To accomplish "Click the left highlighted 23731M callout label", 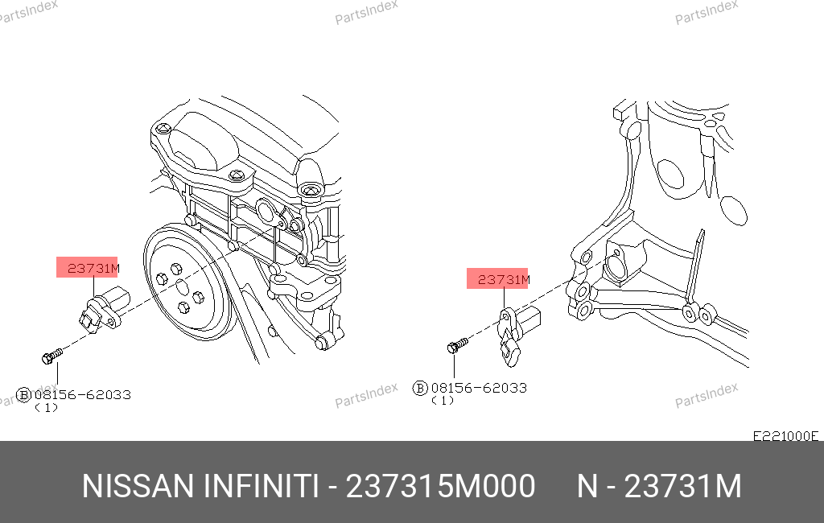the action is (x=87, y=268).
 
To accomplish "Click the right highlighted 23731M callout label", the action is (x=497, y=278).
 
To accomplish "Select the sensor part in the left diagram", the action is (x=104, y=309).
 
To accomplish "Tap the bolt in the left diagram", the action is (x=51, y=356).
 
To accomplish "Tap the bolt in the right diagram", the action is (x=457, y=345).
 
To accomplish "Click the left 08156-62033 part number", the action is (x=83, y=395).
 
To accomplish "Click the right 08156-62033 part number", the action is (x=479, y=388).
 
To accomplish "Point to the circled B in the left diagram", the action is (x=23, y=395).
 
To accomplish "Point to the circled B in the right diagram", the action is (x=420, y=389).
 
